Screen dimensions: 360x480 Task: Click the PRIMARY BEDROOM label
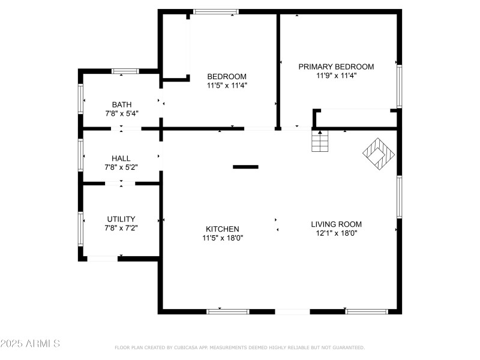[336, 67]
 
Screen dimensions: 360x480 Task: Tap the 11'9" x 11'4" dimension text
[336, 76]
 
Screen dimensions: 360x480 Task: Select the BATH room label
[121, 104]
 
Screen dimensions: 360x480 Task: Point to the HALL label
[121, 158]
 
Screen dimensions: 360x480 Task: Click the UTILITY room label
[121, 219]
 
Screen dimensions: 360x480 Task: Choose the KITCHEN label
[223, 229]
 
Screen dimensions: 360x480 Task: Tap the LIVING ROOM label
[336, 224]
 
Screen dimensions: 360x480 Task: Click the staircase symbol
[320, 142]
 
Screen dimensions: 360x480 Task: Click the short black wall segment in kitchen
[245, 167]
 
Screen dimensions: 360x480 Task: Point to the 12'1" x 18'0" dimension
[336, 233]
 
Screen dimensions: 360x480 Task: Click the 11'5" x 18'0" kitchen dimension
[223, 238]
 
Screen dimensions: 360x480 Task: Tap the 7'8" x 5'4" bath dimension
[121, 113]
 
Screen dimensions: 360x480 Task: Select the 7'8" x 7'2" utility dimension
[121, 228]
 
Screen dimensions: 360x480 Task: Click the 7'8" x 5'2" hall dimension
[121, 167]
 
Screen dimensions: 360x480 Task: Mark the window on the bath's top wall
[125, 71]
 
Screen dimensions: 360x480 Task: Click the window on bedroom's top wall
[215, 11]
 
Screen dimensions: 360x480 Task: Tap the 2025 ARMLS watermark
[30, 344]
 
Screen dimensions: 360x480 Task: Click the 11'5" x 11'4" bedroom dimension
[227, 85]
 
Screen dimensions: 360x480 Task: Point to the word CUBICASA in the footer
[186, 347]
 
